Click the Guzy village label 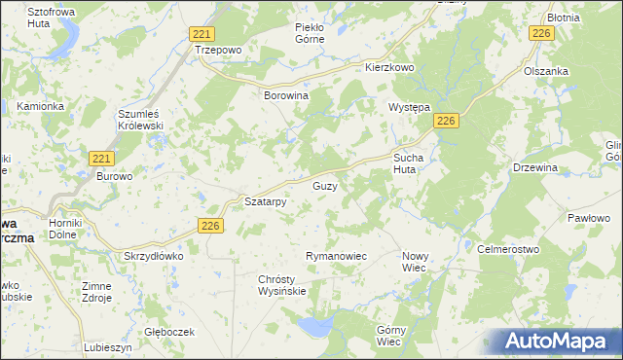tap(325, 185)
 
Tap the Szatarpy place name tap(265, 202)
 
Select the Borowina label tap(286, 96)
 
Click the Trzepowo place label tap(217, 49)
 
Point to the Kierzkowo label tap(390, 68)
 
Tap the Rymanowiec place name tap(335, 255)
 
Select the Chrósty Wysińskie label tap(282, 284)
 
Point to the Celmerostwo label tap(508, 249)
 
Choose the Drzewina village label tap(534, 167)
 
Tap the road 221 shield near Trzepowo tap(202, 33)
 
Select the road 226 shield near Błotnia tap(542, 34)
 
